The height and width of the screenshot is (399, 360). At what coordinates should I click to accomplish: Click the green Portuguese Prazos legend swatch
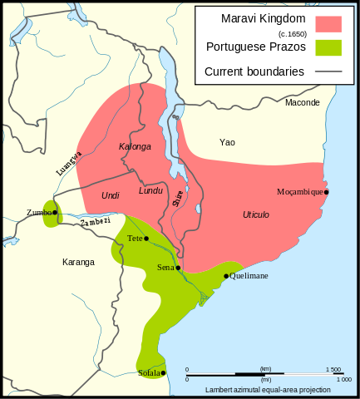[x=328, y=47]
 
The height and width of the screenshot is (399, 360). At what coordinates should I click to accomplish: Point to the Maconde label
[x=302, y=102]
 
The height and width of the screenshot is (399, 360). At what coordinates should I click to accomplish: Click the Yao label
[x=227, y=142]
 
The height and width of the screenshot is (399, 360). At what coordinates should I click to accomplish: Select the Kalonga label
[x=136, y=147]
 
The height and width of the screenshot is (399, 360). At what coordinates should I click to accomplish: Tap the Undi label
[x=110, y=195]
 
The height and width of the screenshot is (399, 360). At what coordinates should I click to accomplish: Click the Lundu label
[x=150, y=190]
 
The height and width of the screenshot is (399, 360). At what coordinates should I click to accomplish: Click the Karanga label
[x=78, y=262]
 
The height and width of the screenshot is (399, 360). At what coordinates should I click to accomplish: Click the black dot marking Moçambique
[x=327, y=192]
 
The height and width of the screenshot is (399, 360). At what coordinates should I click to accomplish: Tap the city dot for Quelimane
[x=226, y=276]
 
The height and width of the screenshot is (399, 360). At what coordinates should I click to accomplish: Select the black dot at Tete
[x=146, y=239]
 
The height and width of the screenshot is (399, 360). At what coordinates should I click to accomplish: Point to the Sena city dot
[x=177, y=268]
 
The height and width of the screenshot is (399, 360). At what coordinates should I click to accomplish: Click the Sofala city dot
[x=164, y=373]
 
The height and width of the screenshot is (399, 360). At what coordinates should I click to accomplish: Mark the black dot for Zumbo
[x=55, y=213]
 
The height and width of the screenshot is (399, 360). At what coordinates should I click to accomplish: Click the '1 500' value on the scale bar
[x=333, y=369]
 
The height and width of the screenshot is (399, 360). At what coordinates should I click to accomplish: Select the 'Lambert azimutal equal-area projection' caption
[x=269, y=389]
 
